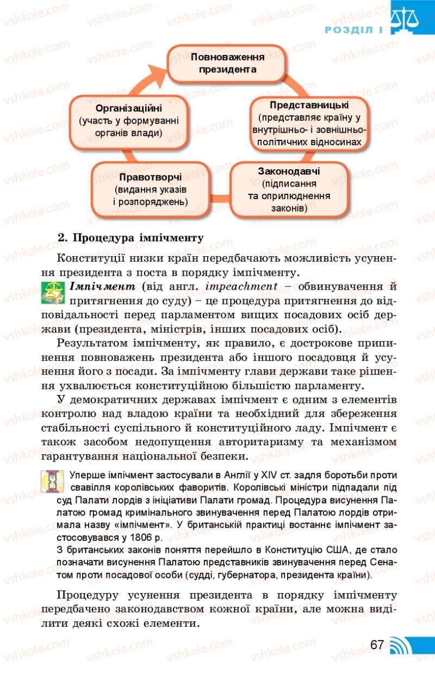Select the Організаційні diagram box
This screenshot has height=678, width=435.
(x=128, y=120)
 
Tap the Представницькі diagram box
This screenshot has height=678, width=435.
(x=309, y=123)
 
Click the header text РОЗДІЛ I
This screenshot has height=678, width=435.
(x=353, y=30)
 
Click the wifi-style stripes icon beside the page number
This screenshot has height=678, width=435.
(x=402, y=645)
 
